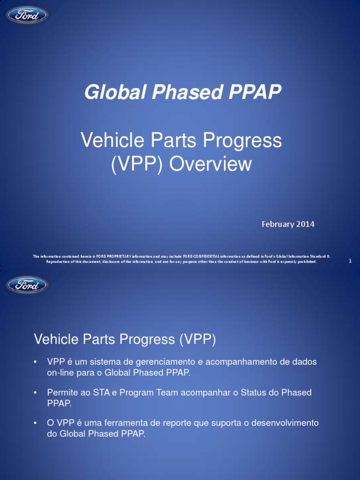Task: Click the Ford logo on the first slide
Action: pyautogui.click(x=27, y=15)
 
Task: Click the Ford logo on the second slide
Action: pyautogui.click(x=27, y=285)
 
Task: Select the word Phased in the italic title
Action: pyautogui.click(x=178, y=93)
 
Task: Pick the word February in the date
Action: pyautogui.click(x=277, y=224)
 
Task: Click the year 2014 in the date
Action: pyautogui.click(x=305, y=224)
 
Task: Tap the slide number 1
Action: pyautogui.click(x=350, y=261)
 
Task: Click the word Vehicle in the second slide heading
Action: pyautogui.click(x=55, y=339)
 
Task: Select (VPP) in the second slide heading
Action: pyautogui.click(x=197, y=339)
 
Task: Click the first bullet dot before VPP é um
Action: pyautogui.click(x=35, y=362)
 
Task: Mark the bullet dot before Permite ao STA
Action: pyautogui.click(x=35, y=393)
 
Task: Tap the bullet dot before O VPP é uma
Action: pyautogui.click(x=35, y=423)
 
